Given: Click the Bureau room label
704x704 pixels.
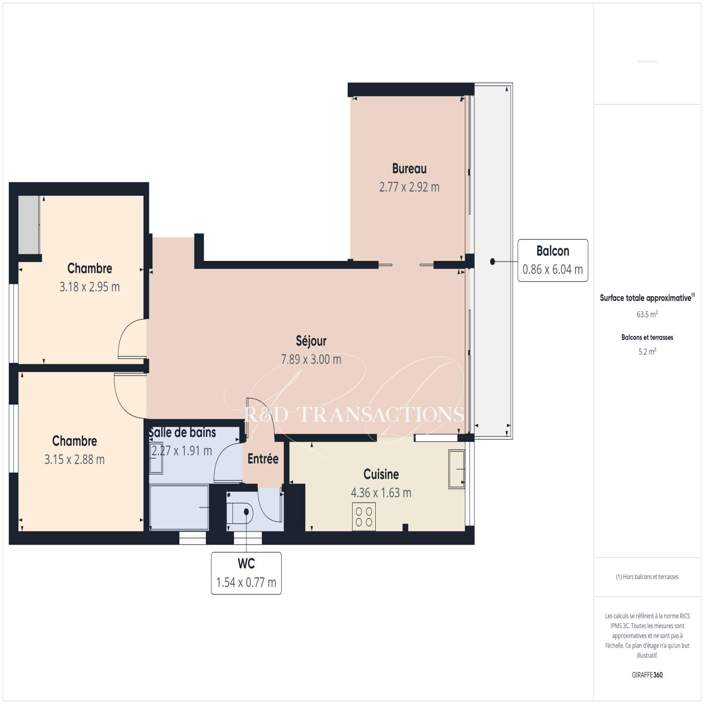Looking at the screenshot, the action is point(409,169).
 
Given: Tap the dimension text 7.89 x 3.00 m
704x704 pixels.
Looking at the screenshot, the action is point(311,359).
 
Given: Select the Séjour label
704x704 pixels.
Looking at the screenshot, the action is point(311,341).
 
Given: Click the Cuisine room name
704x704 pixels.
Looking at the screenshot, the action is point(381,474).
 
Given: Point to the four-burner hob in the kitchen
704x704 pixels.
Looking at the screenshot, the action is point(363,517).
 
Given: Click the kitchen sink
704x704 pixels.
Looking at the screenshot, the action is point(457,469).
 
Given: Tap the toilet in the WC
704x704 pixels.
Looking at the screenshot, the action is point(240,512).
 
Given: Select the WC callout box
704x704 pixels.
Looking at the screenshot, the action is point(246,573).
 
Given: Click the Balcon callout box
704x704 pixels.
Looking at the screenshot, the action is point(553,260).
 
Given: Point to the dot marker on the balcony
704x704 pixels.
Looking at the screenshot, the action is point(492,261).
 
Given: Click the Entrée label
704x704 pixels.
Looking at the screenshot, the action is point(263,459).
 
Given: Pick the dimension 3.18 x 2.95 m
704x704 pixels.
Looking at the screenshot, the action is point(90,287).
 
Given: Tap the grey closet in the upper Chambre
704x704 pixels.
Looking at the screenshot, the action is point(29,225).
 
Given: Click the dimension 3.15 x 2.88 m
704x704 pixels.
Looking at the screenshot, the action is point(74,459).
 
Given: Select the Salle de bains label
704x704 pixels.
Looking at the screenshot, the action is point(182,433).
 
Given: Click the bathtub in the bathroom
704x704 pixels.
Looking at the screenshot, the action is point(179,507).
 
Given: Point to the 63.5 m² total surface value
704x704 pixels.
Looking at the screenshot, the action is point(647,314).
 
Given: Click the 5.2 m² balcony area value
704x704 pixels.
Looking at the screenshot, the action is point(647,351).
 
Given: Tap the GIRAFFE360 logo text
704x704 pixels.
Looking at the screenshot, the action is point(647,675).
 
